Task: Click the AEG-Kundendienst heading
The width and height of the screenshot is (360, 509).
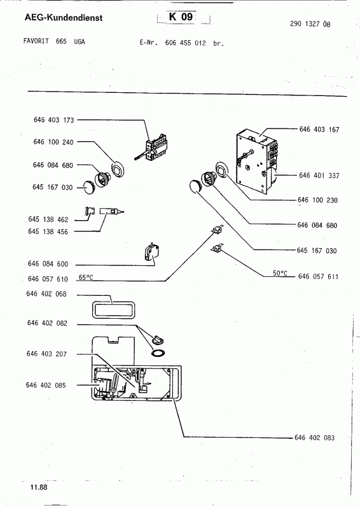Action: [64, 18]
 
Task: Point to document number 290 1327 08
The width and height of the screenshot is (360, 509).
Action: [310, 24]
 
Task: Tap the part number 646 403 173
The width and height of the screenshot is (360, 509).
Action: [54, 120]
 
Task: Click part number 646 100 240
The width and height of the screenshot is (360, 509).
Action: [53, 142]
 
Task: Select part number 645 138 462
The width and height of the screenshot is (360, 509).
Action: [48, 219]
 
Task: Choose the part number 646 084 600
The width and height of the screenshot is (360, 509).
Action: [48, 264]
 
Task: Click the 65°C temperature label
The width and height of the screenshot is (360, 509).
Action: [86, 277]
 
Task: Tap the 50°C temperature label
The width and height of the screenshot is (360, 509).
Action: [280, 274]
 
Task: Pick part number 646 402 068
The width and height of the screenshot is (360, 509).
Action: [46, 294]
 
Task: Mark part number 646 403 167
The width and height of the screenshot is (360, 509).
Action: [319, 130]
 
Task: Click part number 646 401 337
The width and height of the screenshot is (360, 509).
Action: [319, 176]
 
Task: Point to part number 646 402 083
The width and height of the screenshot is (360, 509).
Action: [315, 438]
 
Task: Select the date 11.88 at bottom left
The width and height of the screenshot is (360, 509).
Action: [39, 487]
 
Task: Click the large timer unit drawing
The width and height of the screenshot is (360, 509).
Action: [257, 160]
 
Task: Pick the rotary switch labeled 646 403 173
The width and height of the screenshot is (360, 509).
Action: [154, 149]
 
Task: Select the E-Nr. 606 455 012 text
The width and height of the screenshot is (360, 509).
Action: [182, 43]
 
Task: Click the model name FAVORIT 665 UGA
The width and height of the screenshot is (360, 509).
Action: [54, 41]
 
